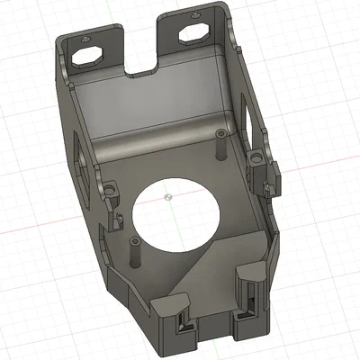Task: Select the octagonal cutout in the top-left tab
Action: tap(88, 55)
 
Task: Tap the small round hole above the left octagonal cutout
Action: tap(83, 40)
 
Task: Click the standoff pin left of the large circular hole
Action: tap(134, 255)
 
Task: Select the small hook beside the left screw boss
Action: tap(118, 220)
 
